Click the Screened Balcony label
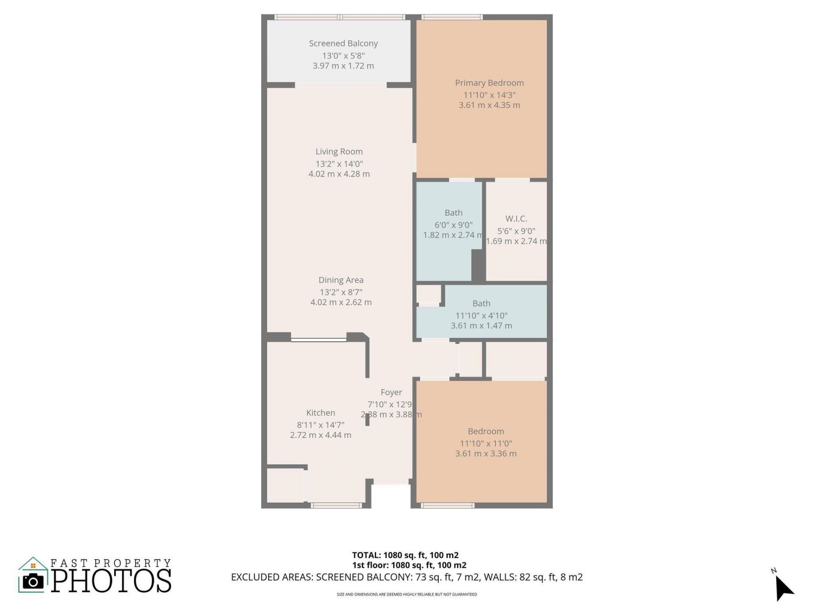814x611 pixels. tap(343, 43)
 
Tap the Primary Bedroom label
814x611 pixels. tap(489, 83)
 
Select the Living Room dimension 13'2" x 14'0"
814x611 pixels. tap(339, 164)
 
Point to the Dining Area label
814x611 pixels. tap(341, 280)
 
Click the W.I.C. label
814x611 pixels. tap(516, 219)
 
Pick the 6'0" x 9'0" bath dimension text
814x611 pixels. tap(453, 225)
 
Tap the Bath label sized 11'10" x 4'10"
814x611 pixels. tap(481, 303)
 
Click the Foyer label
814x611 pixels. tap(391, 392)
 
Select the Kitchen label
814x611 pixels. tap(321, 413)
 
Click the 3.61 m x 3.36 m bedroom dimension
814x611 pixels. tap(486, 454)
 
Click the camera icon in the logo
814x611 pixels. tap(33, 581)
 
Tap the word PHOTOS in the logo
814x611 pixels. tap(112, 581)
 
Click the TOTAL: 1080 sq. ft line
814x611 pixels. tap(405, 555)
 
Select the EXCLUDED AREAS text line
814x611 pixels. tap(407, 577)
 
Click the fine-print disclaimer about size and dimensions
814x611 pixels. tap(407, 594)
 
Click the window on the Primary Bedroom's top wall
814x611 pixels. tap(452, 17)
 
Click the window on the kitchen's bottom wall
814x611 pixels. tap(336, 505)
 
